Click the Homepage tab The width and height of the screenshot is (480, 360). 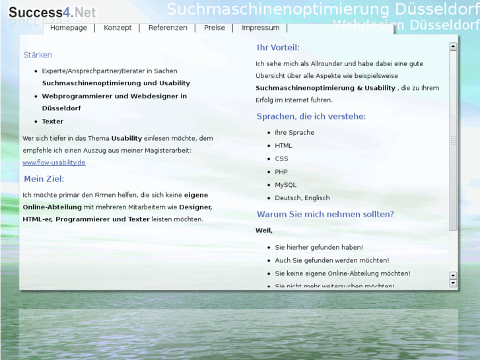[x=68, y=28]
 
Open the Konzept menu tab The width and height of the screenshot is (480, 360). [x=118, y=28]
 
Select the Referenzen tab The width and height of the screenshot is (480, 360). [x=168, y=28]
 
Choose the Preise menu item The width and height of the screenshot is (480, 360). [x=214, y=28]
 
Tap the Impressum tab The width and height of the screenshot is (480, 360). [x=260, y=28]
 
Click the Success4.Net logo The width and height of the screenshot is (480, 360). [x=52, y=13]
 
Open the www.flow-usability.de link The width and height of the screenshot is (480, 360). [x=53, y=162]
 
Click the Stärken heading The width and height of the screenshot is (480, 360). [x=38, y=55]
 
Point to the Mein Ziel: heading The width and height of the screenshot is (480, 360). [x=44, y=179]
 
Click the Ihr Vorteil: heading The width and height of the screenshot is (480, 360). [x=277, y=48]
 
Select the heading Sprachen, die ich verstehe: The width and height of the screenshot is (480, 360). [x=310, y=117]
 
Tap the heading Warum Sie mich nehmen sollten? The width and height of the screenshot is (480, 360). [x=325, y=215]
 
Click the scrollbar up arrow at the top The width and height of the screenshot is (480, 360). [x=453, y=47]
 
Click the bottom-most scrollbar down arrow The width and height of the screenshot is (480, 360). [x=453, y=283]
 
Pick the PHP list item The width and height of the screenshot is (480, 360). [x=281, y=172]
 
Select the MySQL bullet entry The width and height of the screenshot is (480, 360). [x=285, y=185]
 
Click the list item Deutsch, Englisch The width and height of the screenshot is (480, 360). [x=302, y=198]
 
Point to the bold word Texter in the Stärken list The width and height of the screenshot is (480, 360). [x=53, y=122]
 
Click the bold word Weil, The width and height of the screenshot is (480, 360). [x=264, y=231]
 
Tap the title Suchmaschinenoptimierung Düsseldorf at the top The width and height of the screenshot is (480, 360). [x=323, y=9]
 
